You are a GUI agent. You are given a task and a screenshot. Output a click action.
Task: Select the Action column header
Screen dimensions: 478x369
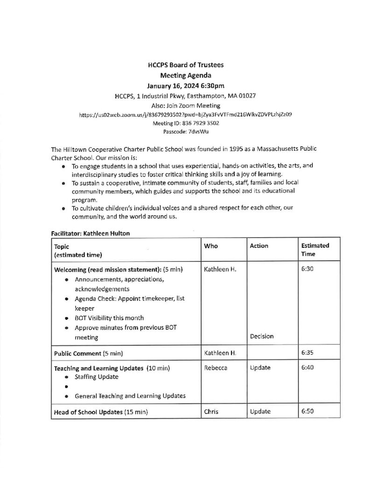click(x=259, y=246)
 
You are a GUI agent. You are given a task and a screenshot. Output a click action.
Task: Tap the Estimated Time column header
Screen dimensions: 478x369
click(x=315, y=249)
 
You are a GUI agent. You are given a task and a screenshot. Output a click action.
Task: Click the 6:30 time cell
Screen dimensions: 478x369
click(x=307, y=269)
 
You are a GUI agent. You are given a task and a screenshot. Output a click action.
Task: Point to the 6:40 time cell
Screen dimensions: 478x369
click(x=307, y=367)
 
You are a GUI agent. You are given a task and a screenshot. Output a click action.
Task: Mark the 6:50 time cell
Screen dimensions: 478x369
click(x=307, y=411)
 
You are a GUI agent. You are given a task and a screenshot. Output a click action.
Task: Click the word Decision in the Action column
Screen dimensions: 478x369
click(x=261, y=336)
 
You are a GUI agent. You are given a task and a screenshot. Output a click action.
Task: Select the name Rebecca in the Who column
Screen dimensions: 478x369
click(x=216, y=367)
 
